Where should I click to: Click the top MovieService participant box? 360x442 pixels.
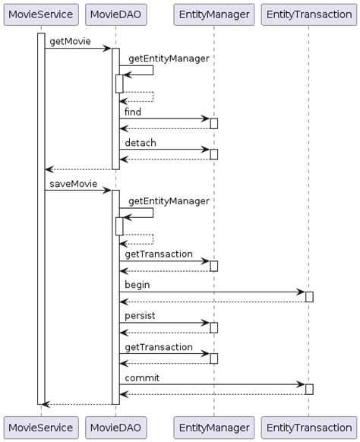[41, 14]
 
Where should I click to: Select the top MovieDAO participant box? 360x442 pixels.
[115, 14]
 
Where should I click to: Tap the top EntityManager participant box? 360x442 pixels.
[213, 14]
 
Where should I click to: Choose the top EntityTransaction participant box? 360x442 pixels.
[308, 14]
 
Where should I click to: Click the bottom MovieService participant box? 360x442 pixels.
[41, 428]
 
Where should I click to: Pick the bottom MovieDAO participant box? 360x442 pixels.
[115, 428]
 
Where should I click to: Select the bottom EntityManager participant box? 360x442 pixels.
[213, 428]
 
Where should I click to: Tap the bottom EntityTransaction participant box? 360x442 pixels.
[308, 428]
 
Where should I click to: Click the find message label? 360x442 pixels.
[133, 112]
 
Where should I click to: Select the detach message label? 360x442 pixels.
[141, 143]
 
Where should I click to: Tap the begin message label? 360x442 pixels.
[137, 285]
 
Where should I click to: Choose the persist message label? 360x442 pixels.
[141, 315]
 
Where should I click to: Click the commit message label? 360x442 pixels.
[142, 377]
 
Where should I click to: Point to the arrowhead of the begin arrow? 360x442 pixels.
[302, 292]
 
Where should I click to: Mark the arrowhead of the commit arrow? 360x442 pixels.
[302, 384]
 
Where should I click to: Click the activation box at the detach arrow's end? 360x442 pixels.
[214, 154]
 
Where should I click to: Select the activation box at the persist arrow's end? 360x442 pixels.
[214, 327]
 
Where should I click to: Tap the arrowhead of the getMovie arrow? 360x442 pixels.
[108, 49]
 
